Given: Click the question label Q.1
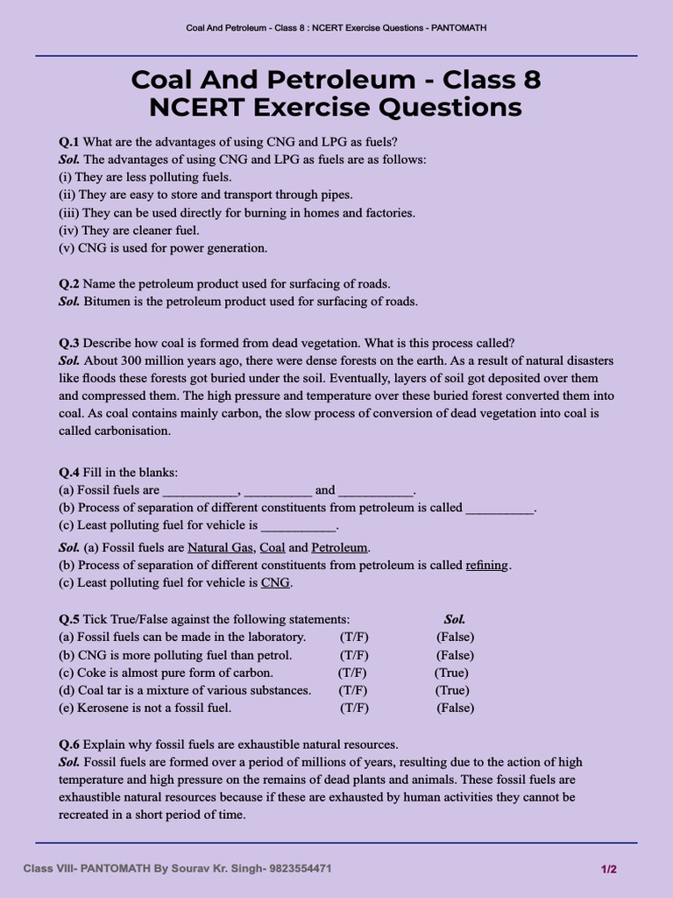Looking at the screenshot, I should [69, 142].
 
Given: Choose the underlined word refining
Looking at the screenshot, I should [486, 565].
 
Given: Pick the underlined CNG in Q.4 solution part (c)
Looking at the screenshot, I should [275, 582].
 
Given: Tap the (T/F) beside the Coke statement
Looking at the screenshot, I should [352, 673].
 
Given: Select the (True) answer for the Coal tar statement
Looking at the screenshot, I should [451, 690].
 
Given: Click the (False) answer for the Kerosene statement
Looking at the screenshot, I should [455, 708].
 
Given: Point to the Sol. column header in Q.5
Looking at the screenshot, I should [454, 619].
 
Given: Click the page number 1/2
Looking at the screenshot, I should [609, 869].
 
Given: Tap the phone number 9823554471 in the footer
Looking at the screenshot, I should [298, 868].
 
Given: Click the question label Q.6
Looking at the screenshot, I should [69, 745].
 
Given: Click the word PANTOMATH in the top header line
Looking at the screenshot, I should [458, 28].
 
